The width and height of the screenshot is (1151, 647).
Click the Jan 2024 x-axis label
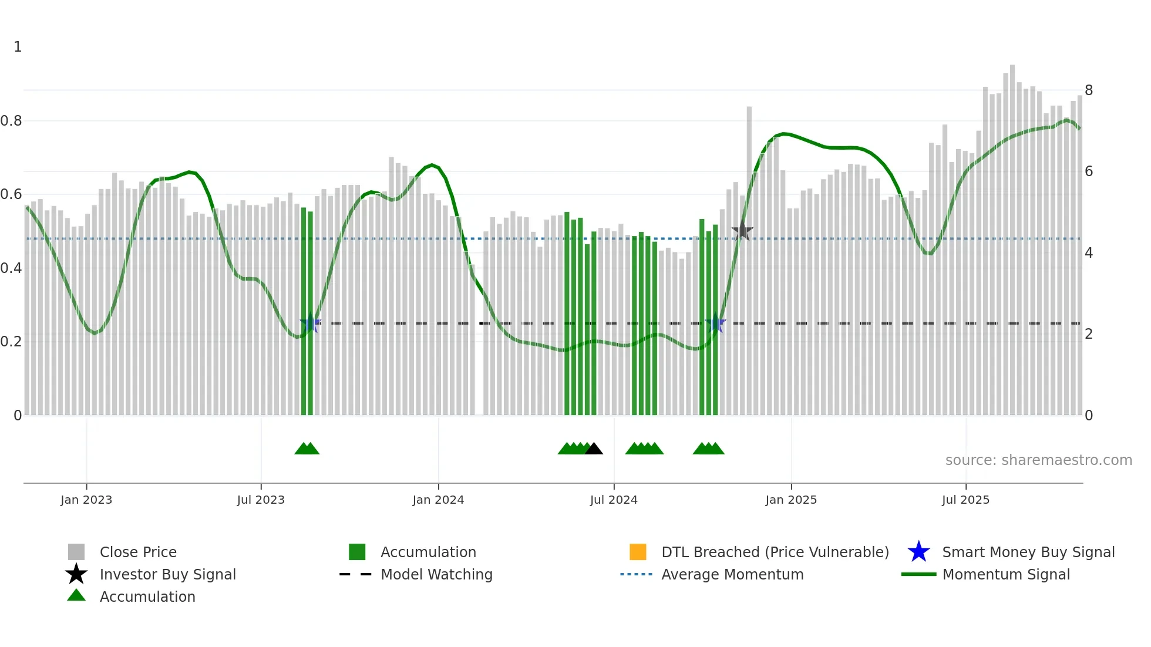pyautogui.click(x=438, y=500)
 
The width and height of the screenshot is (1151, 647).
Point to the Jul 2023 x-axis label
pyautogui.click(x=261, y=500)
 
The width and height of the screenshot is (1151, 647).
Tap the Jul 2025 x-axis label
pyautogui.click(x=965, y=500)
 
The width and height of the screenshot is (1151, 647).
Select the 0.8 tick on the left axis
pyautogui.click(x=11, y=121)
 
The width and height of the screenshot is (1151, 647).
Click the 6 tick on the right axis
pyautogui.click(x=1089, y=171)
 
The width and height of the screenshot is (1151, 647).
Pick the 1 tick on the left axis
pyautogui.click(x=18, y=47)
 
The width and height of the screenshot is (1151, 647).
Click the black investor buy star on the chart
pyautogui.click(x=742, y=231)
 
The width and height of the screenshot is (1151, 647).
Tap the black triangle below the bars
pyautogui.click(x=594, y=449)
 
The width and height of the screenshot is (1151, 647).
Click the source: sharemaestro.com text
pyautogui.click(x=1038, y=460)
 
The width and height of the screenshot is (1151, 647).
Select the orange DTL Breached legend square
pyautogui.click(x=638, y=552)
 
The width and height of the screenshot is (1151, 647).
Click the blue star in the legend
pyautogui.click(x=918, y=552)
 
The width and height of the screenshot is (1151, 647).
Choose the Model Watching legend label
pyautogui.click(x=436, y=574)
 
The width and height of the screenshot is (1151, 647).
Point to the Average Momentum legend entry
pyautogui.click(x=732, y=574)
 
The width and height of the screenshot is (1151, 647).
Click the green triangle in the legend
pyautogui.click(x=76, y=596)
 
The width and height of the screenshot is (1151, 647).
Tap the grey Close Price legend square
pyautogui.click(x=76, y=552)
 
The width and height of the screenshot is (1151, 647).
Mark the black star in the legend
pyautogui.click(x=76, y=574)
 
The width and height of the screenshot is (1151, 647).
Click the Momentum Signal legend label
pyautogui.click(x=1006, y=574)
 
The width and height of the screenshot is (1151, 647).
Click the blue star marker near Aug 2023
pyautogui.click(x=311, y=323)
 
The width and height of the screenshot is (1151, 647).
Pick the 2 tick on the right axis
pyautogui.click(x=1089, y=334)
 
